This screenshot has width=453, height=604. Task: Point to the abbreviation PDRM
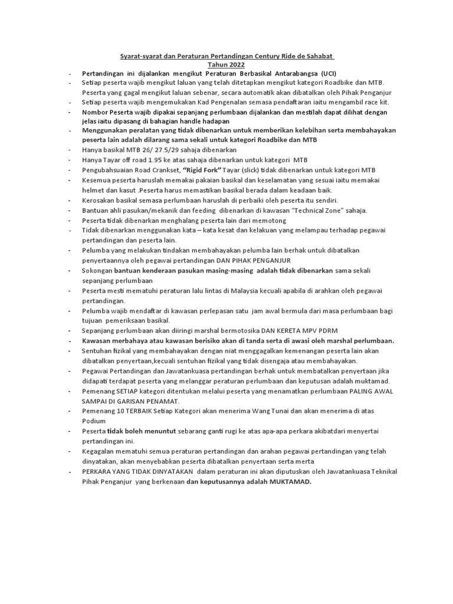[x=326, y=331]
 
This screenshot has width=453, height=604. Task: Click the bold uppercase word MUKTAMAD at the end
[x=290, y=481]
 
